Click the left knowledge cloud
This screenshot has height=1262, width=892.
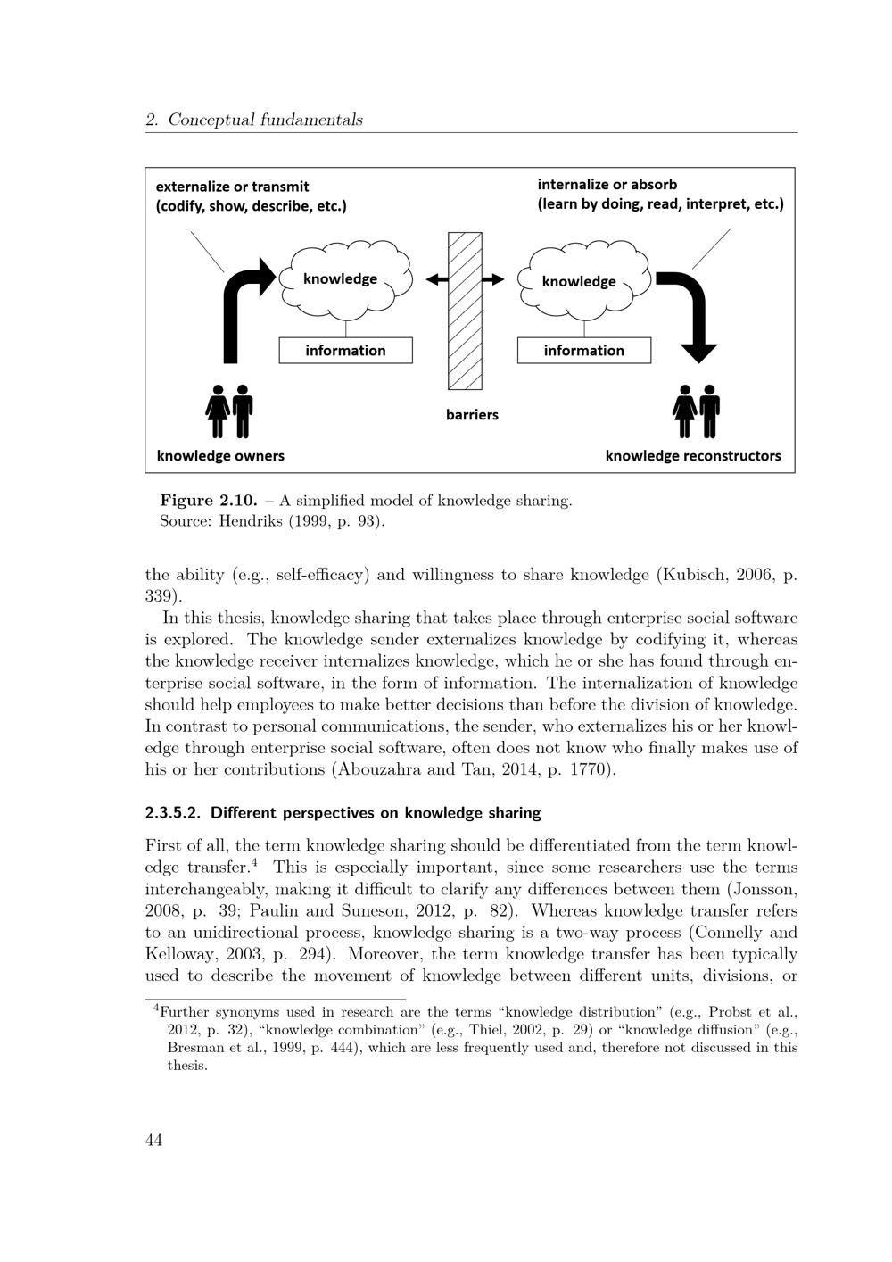coord(346,278)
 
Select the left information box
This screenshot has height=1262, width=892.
coord(346,350)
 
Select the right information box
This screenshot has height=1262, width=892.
coord(584,350)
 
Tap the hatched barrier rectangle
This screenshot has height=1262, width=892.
coord(465,311)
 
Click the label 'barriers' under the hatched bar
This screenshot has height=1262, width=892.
coord(472,414)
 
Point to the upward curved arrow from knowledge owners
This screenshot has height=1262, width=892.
coord(235,312)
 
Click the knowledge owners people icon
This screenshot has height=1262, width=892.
coord(229,411)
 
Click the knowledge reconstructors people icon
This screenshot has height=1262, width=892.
coord(697,411)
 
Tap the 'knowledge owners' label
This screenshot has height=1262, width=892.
coord(220,455)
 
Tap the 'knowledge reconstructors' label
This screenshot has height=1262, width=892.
coord(692,455)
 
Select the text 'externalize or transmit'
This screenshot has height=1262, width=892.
coord(232,187)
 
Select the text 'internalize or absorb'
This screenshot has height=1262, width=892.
coord(607,185)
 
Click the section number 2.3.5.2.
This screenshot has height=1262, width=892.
coord(173,813)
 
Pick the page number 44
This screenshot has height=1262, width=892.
coord(153,1140)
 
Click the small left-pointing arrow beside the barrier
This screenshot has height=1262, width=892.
coord(436,279)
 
